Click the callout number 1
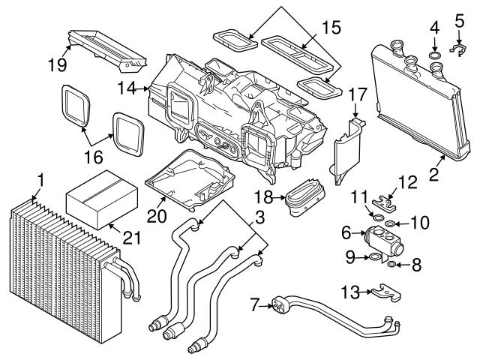pyautogui.click(x=41, y=180)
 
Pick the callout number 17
pyautogui.click(x=357, y=95)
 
